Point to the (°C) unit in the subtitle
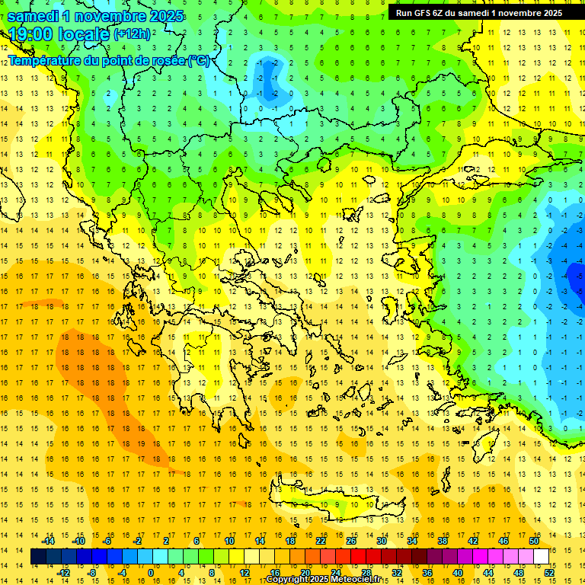click(197, 60)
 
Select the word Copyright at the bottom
click(289, 580)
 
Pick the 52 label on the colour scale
click(549, 573)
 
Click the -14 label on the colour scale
click(48, 541)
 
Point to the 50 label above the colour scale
click(533, 541)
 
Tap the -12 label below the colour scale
click(63, 573)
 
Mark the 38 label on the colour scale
click(443, 541)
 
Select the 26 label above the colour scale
click(351, 541)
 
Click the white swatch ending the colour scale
click(541, 557)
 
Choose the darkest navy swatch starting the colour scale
click(39, 557)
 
